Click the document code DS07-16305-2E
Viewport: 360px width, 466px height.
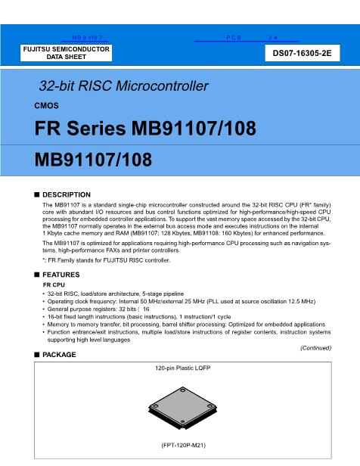(x=307, y=54)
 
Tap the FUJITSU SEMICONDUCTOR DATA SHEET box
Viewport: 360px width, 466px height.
(x=67, y=53)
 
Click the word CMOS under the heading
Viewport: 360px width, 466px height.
(x=47, y=106)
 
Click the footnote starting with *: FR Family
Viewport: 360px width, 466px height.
(x=116, y=260)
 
